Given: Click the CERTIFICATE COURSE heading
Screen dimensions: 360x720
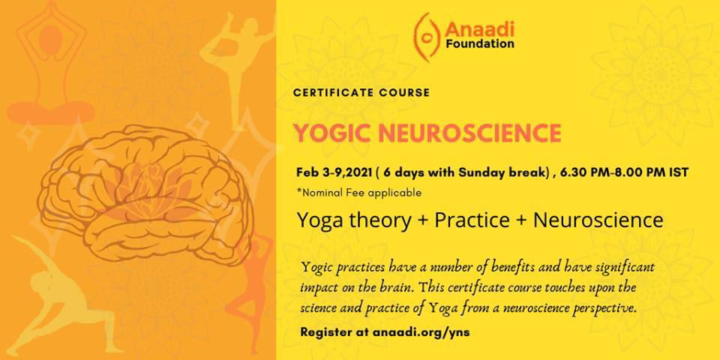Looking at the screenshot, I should click(361, 93).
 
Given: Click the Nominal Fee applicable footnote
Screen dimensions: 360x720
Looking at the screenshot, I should click(359, 193).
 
